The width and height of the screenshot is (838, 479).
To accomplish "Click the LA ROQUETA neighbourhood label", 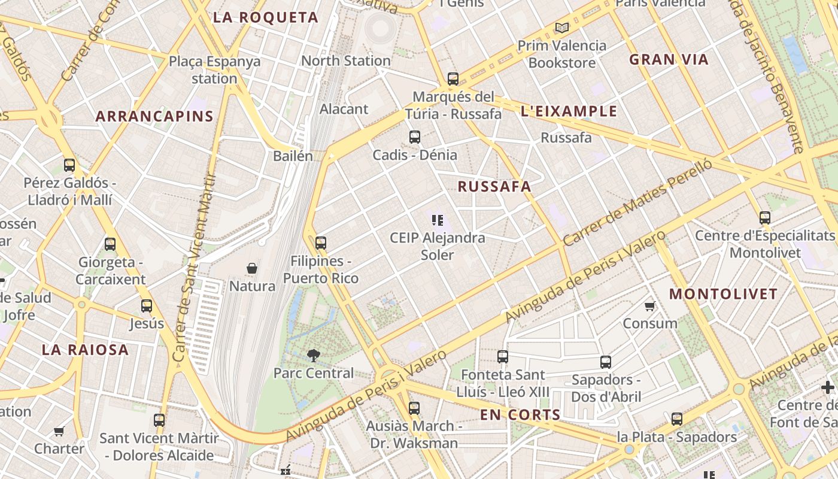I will coord(266,18).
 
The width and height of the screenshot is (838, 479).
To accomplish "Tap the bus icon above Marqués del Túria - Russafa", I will coord(453,78).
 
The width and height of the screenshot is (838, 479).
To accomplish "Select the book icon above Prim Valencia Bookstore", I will coord(561,28).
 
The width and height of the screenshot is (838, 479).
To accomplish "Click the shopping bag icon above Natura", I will coord(252,268).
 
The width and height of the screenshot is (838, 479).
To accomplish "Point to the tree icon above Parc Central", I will coord(313,356).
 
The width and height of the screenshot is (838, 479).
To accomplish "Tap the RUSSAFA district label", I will coord(494,187).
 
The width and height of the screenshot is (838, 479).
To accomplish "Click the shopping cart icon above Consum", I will coord(649,307).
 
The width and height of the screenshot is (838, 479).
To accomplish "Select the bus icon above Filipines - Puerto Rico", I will coord(321,243).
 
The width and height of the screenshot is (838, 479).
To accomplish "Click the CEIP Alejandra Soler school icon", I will coord(438,220).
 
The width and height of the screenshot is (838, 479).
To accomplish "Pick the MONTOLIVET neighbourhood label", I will coord(723,295).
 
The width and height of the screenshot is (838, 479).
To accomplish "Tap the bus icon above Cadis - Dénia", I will coord(415,137).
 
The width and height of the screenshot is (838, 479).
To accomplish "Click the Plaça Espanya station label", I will coord(214,69).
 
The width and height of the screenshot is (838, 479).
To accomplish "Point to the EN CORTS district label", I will coord(520,415).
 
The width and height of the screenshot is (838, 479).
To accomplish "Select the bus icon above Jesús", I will coord(147,306).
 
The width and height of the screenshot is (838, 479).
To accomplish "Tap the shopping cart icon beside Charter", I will coord(59,431).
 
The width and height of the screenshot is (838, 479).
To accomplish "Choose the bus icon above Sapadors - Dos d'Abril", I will coord(606,362).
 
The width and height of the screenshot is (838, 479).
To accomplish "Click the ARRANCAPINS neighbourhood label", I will coord(154,117).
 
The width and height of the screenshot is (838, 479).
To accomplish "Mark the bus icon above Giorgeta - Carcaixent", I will coord(110,244).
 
